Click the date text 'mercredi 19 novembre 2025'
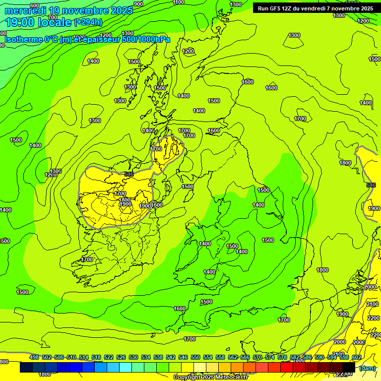coord(69,10)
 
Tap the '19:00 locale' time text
coord(39,22)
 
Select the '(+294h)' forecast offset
coord(88,22)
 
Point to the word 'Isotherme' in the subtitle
coord(23,39)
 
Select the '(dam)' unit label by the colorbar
coord(367,368)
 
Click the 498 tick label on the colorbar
coord(34,357)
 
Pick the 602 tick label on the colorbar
coord(357,357)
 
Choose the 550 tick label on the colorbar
coord(195,357)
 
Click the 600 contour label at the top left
coord(35,5)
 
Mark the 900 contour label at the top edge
coord(138,4)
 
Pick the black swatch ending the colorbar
coord(349,368)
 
